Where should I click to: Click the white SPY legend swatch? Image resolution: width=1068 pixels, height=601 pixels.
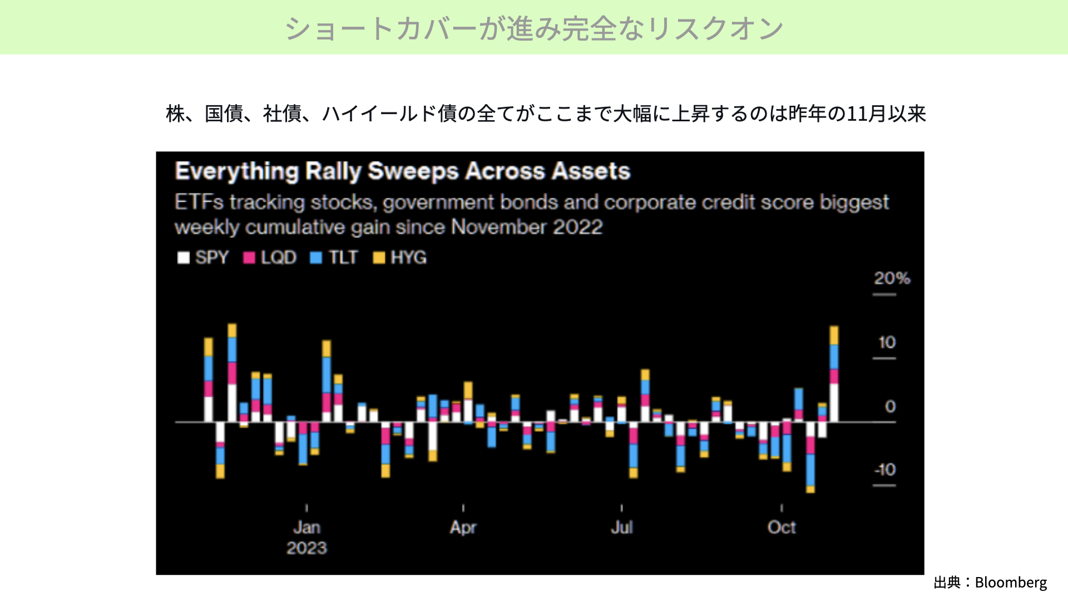(x=184, y=258)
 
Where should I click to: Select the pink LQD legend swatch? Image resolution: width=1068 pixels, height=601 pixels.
(x=249, y=258)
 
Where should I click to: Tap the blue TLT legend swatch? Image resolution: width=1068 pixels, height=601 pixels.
(x=316, y=258)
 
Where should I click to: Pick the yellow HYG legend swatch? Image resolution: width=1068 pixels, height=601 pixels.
(x=379, y=258)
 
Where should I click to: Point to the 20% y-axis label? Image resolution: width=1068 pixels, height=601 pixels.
(x=892, y=278)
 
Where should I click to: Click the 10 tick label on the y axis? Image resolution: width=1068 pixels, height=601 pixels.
(x=887, y=342)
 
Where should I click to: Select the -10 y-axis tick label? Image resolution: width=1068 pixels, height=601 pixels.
(x=884, y=469)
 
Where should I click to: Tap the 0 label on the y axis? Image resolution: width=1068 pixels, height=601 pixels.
(x=890, y=406)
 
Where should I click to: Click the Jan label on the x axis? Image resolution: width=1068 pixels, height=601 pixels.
(x=306, y=527)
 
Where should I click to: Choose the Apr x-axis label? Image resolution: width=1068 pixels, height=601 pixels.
(x=463, y=527)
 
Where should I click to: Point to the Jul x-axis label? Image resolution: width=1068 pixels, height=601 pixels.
(x=622, y=527)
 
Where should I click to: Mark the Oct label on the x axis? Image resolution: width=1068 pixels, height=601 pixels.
(x=782, y=527)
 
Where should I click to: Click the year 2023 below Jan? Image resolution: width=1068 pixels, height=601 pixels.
(x=306, y=548)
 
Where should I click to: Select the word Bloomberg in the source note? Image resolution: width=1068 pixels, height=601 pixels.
(x=1011, y=583)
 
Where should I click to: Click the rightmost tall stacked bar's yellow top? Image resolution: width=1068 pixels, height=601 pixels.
(x=834, y=335)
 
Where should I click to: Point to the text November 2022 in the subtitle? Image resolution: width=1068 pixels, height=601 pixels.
(x=527, y=227)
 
